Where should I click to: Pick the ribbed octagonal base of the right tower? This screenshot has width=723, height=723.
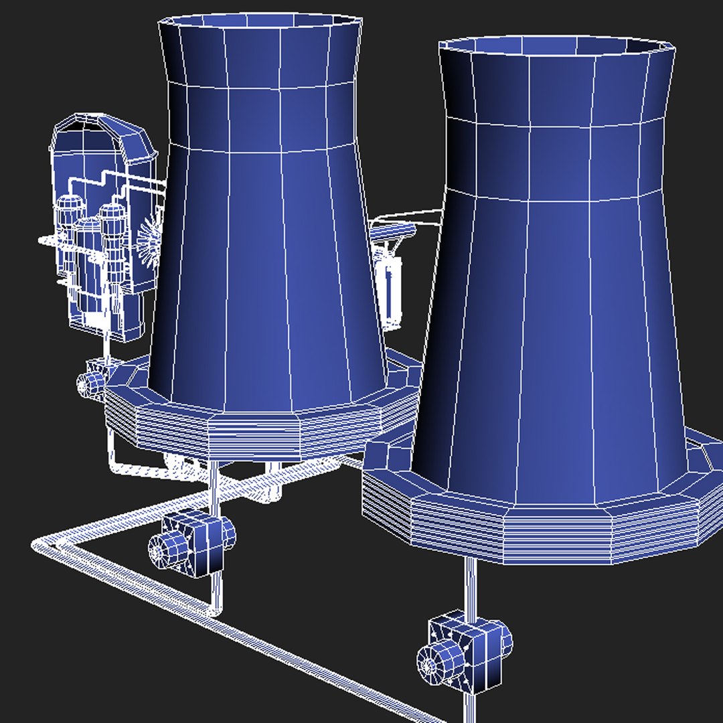click(x=536, y=529)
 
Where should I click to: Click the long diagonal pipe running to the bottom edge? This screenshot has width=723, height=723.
click(x=268, y=643)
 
